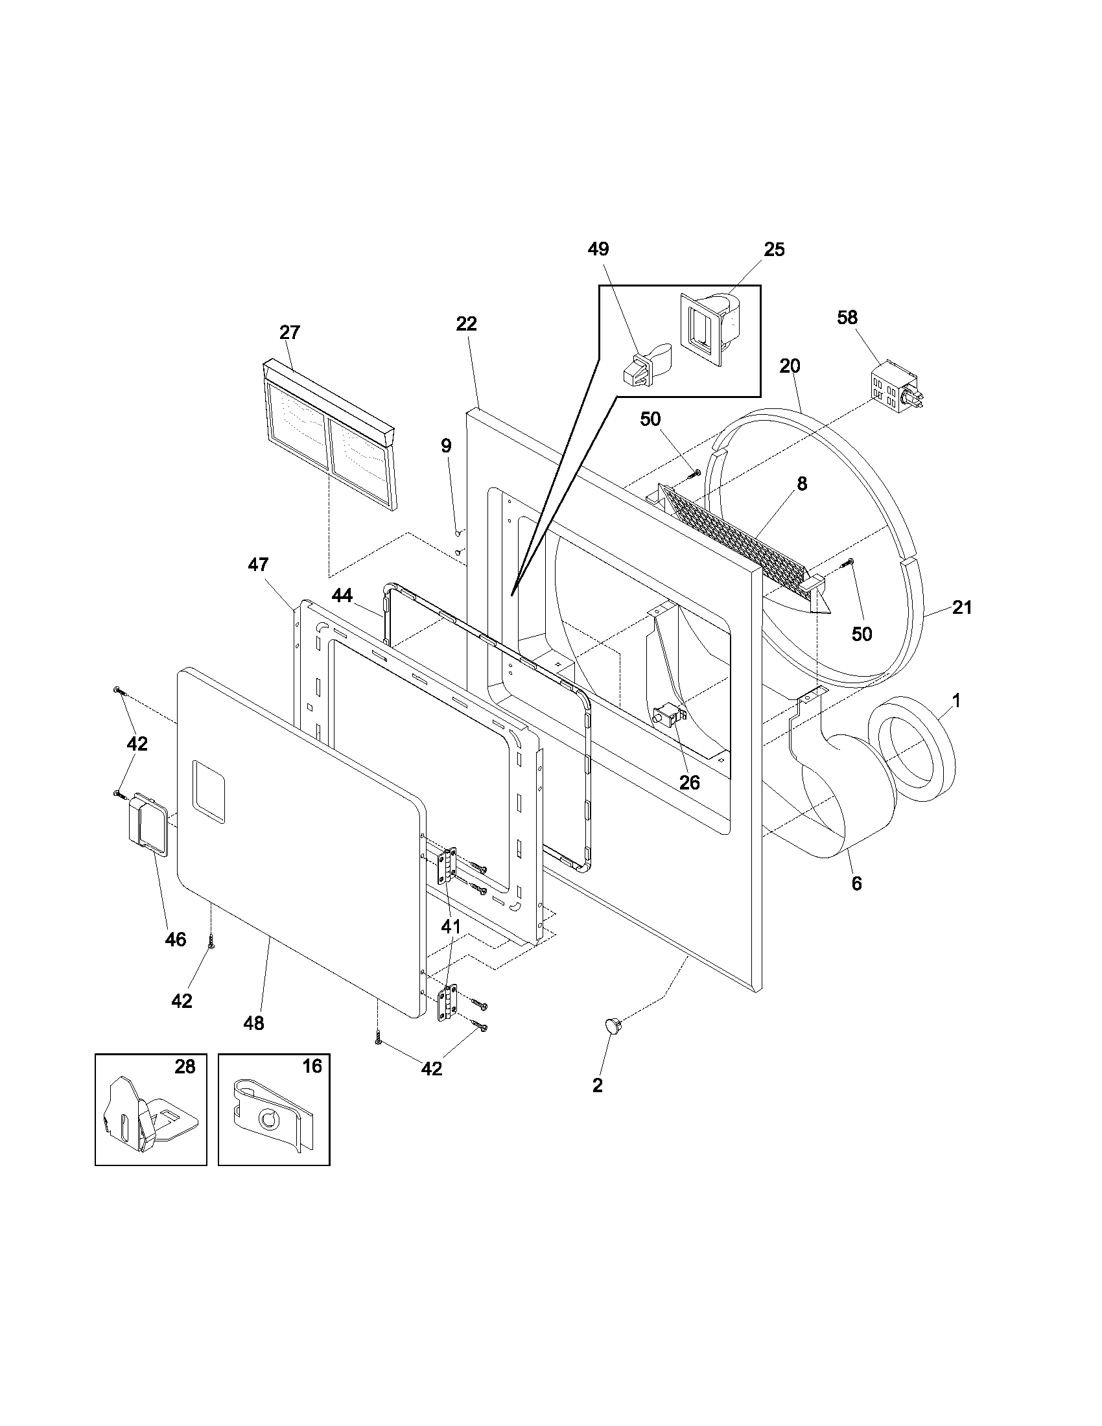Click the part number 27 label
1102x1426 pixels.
pyautogui.click(x=289, y=333)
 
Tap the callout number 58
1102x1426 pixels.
pyautogui.click(x=847, y=318)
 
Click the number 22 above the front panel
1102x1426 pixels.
pyautogui.click(x=466, y=324)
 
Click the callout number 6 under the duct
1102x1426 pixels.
pyautogui.click(x=856, y=883)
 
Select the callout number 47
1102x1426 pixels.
pyautogui.click(x=258, y=564)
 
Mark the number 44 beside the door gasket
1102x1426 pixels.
pyautogui.click(x=342, y=595)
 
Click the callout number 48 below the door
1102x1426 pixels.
pyautogui.click(x=254, y=1023)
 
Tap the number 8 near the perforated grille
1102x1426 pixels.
pyautogui.click(x=802, y=484)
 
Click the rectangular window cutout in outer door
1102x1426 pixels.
pyautogui.click(x=209, y=791)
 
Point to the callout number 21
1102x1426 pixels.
pyautogui.click(x=961, y=607)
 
